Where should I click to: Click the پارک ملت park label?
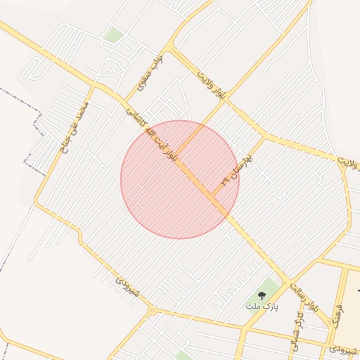[262, 307]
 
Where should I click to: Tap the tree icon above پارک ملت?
[262, 296]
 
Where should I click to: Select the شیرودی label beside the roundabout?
[128, 286]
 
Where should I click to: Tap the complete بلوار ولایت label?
[212, 85]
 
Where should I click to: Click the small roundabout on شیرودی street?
[152, 311]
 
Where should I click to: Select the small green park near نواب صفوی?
[113, 34]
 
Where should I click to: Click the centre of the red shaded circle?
[179, 179]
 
